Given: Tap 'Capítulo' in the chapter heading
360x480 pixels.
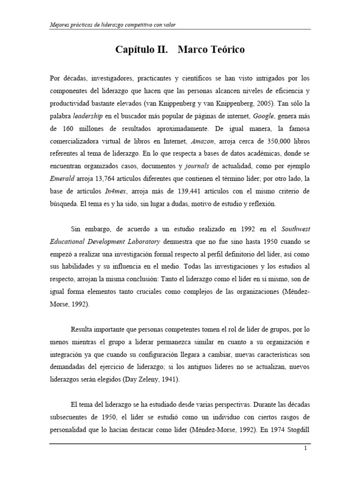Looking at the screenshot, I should pyautogui.click(x=135, y=50).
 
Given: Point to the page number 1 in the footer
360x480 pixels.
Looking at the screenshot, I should pyautogui.click(x=305, y=449).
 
